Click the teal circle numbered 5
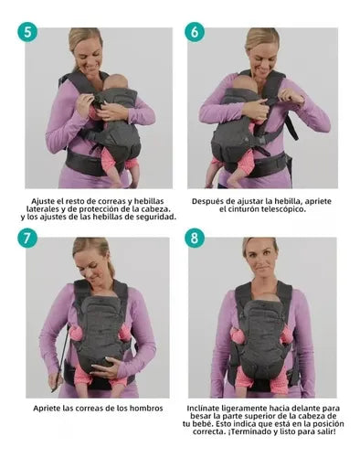27,32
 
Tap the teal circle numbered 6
195,32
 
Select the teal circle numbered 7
27,238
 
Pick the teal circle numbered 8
195,238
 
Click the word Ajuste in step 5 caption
44,201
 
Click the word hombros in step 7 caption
148,409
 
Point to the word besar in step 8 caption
201,416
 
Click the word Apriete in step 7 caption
47,409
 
